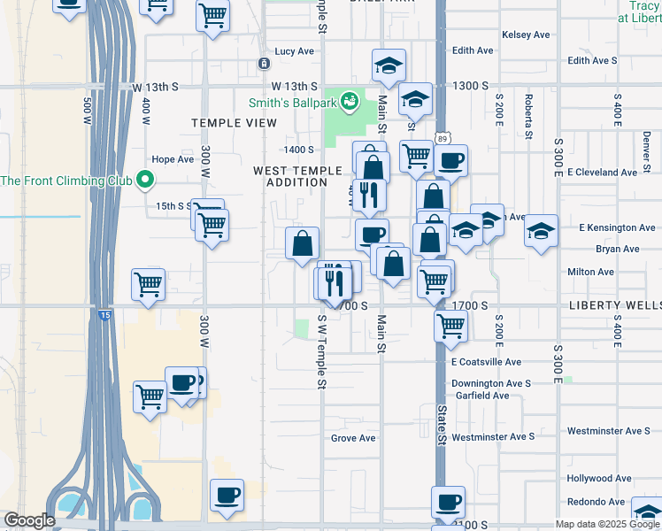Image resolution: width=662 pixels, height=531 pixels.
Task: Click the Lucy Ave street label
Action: pos(295,51)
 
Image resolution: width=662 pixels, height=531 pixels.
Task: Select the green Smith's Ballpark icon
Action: pos(350,101)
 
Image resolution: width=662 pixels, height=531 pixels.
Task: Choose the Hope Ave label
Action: pos(173,159)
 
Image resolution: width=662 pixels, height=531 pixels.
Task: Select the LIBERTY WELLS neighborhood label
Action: pos(614,305)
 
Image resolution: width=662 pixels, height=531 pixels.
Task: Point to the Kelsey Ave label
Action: pos(526,35)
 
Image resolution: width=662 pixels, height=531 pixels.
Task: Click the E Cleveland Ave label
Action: pos(602,172)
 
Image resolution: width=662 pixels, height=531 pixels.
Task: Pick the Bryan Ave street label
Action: pos(617,249)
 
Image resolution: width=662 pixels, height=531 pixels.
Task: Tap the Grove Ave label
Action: pos(353,438)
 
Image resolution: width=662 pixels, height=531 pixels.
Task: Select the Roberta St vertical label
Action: pos(527,116)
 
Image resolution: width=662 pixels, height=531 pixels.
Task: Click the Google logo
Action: pos(28,520)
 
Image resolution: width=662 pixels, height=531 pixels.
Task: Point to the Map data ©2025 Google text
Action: pos(606,524)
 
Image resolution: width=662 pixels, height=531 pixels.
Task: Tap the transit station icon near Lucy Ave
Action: pos(264,64)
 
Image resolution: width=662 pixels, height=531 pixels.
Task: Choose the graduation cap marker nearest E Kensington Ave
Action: pos(542,232)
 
